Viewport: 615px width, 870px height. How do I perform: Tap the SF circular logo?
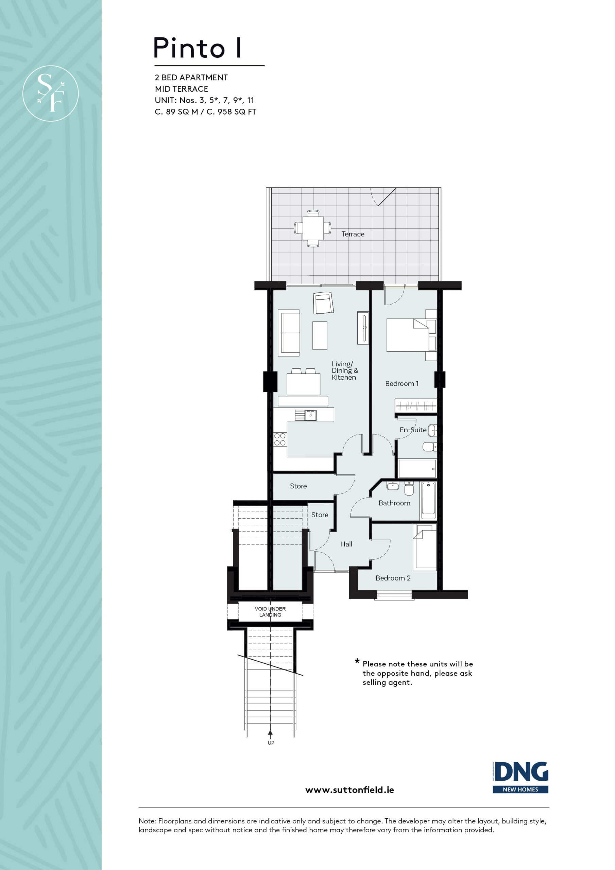tap(50, 93)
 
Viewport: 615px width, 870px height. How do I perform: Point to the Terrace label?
tap(353, 234)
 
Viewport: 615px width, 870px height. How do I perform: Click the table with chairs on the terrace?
tap(313, 228)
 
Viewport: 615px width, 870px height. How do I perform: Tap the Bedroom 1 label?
tap(402, 383)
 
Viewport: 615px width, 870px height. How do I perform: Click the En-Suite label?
tap(413, 430)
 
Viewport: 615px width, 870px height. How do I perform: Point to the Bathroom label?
tap(394, 503)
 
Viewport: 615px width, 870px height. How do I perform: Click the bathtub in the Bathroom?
tap(428, 501)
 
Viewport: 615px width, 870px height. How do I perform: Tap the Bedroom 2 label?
tap(393, 578)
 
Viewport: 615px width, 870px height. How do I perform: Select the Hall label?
tap(346, 544)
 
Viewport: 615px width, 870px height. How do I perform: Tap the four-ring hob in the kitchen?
tap(280, 439)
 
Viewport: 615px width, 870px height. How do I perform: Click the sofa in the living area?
tap(289, 333)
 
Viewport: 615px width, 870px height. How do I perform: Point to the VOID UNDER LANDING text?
tap(270, 612)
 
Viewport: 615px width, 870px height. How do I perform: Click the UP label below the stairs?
tap(271, 743)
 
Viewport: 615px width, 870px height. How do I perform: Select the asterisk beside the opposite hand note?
tap(357, 662)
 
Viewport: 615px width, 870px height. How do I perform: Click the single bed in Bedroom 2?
tap(425, 547)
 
